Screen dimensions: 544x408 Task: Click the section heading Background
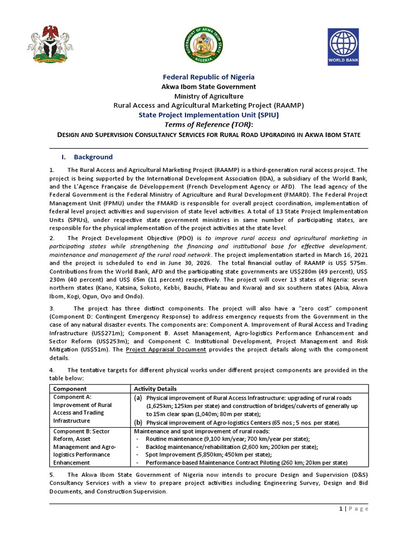93,157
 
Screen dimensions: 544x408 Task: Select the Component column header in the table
66,389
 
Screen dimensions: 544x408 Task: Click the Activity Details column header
155,389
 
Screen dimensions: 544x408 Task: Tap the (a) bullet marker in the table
138,398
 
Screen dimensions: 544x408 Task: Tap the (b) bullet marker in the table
138,422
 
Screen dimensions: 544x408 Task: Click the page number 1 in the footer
340,508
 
